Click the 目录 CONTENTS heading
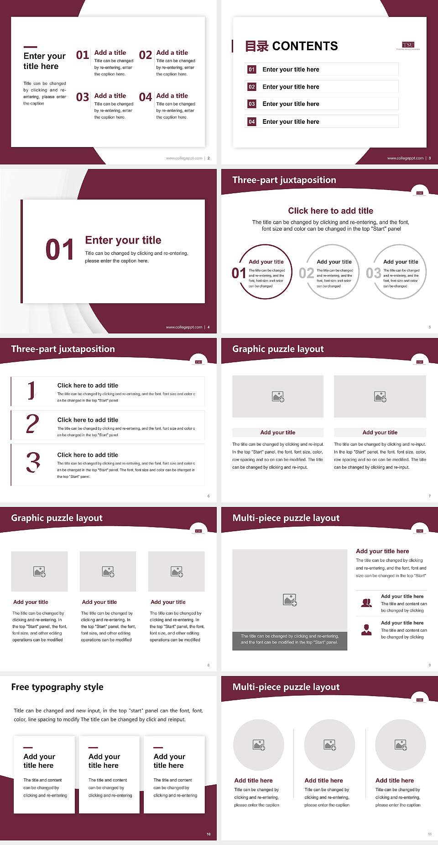[292, 46]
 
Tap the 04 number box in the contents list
[252, 121]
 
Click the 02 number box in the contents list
[252, 87]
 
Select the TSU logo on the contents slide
[408, 45]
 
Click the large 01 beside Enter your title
[59, 250]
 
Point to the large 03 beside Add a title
[83, 97]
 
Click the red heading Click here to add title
[330, 211]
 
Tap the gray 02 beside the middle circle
[306, 273]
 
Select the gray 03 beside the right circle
[373, 273]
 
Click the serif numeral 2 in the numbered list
[32, 424]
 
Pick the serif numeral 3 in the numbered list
[33, 462]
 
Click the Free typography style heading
[57, 687]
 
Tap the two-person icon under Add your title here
[366, 603]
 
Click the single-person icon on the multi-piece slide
[366, 630]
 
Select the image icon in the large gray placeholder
[290, 600]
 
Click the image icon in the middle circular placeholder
[330, 745]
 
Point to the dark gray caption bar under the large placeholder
[290, 639]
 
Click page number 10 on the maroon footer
[209, 834]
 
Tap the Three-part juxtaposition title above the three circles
[284, 180]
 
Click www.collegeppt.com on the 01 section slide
[184, 327]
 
